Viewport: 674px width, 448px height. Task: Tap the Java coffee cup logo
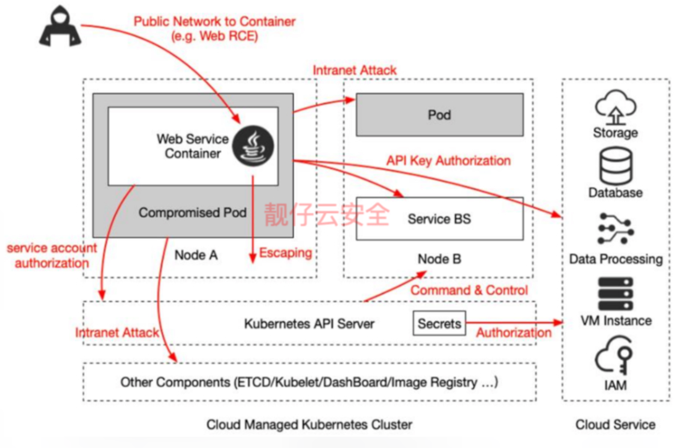(253, 146)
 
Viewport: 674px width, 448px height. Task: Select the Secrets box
(439, 323)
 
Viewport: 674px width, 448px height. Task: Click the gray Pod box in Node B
(440, 115)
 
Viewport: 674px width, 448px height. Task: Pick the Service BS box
(440, 219)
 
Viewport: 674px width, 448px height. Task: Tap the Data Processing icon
(616, 229)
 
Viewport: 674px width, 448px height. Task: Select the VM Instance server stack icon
(616, 294)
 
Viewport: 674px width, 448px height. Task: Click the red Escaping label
(286, 253)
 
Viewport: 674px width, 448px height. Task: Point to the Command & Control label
(469, 290)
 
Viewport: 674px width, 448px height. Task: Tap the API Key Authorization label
(449, 161)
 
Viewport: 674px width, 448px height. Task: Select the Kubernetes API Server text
(309, 323)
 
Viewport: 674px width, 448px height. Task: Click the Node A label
(196, 255)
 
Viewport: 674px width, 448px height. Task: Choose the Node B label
(440, 259)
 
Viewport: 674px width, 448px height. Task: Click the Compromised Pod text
(193, 213)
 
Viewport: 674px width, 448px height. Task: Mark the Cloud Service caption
(616, 424)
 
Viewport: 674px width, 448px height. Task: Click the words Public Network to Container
(215, 21)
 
